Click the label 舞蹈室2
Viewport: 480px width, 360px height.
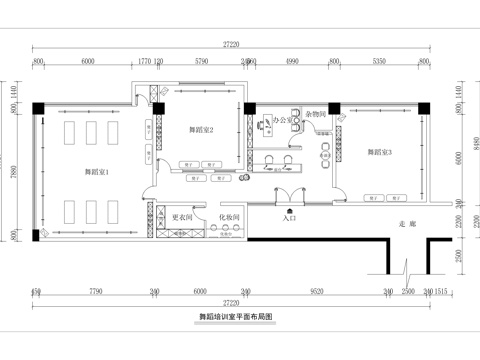click(202, 129)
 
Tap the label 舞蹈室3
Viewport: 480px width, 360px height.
click(378, 152)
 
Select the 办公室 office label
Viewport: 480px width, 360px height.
click(283, 120)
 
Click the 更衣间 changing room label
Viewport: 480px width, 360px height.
click(181, 216)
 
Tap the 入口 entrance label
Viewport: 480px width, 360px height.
click(290, 214)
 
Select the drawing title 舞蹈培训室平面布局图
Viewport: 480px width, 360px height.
click(236, 316)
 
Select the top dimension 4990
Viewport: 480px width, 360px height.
click(293, 61)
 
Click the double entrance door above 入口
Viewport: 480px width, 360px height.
click(290, 198)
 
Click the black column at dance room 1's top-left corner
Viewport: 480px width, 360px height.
click(37, 106)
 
